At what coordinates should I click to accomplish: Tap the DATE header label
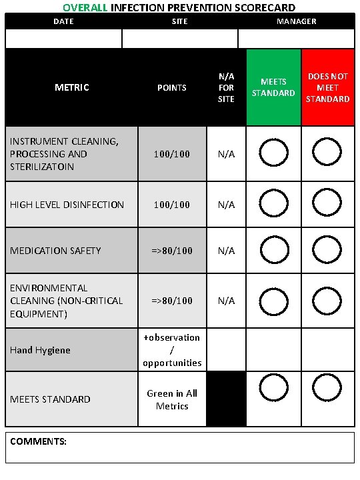pyautogui.click(x=63, y=21)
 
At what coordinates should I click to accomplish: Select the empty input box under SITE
pyautogui.click(x=180, y=39)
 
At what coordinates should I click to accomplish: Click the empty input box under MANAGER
pyautogui.click(x=296, y=39)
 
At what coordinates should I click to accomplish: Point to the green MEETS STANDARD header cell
pyautogui.click(x=273, y=87)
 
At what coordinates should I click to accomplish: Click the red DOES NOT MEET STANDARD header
pyautogui.click(x=328, y=87)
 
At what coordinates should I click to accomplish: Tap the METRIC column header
pyautogui.click(x=72, y=87)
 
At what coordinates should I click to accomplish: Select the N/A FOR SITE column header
pyautogui.click(x=226, y=87)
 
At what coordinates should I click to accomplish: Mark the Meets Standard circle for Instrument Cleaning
pyautogui.click(x=273, y=153)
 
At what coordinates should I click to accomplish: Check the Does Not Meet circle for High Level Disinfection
pyautogui.click(x=327, y=203)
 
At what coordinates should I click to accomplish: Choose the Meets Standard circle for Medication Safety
pyautogui.click(x=273, y=249)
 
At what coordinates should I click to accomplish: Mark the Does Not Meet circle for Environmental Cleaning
pyautogui.click(x=327, y=299)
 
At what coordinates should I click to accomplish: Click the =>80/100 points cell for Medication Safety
pyautogui.click(x=172, y=251)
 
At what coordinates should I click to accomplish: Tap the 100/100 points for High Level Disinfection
pyautogui.click(x=172, y=205)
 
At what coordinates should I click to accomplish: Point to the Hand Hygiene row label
pyautogui.click(x=40, y=350)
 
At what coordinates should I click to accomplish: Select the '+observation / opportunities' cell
pyautogui.click(x=172, y=350)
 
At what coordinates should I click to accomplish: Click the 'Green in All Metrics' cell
pyautogui.click(x=172, y=399)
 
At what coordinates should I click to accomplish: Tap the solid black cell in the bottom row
pyautogui.click(x=226, y=399)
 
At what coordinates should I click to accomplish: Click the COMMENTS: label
pyautogui.click(x=38, y=441)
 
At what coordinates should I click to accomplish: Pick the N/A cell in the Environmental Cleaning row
pyautogui.click(x=226, y=301)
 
